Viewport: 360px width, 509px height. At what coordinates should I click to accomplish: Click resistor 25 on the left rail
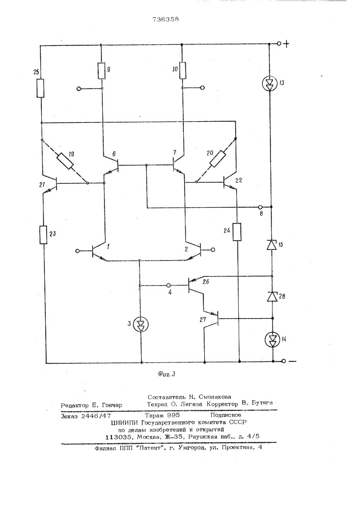pyautogui.click(x=40, y=88)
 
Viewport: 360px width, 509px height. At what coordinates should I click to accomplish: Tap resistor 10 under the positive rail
pyautogui.click(x=182, y=70)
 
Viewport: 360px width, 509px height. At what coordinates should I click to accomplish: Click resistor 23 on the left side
pyautogui.click(x=43, y=235)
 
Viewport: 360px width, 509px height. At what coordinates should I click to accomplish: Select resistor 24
pyautogui.click(x=237, y=232)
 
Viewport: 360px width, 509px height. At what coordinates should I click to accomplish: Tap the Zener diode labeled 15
pyautogui.click(x=271, y=245)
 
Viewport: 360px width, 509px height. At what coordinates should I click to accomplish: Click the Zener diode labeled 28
pyautogui.click(x=272, y=296)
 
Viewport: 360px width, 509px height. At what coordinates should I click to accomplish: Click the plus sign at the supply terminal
pyautogui.click(x=286, y=44)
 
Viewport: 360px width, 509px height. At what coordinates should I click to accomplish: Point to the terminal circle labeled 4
pyautogui.click(x=169, y=286)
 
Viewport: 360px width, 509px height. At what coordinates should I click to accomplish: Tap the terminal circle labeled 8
pyautogui.click(x=260, y=207)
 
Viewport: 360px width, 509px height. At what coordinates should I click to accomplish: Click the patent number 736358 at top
pyautogui.click(x=165, y=19)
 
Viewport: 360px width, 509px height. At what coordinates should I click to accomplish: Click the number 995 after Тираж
pyautogui.click(x=173, y=415)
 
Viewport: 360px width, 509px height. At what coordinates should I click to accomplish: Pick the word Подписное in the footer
pyautogui.click(x=226, y=415)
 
